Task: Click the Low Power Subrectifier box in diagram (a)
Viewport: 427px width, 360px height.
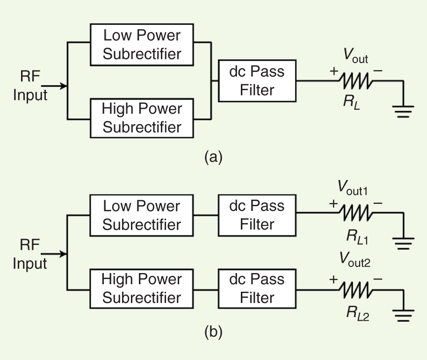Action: click(x=142, y=44)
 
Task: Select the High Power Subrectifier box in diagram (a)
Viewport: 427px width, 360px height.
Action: click(x=142, y=118)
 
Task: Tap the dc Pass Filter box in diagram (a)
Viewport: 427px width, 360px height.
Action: click(x=257, y=81)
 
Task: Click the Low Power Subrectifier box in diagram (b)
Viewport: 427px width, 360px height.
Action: click(x=142, y=215)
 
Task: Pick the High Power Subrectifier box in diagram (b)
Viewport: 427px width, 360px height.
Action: click(x=142, y=288)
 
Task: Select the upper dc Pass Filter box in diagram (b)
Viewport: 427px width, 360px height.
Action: click(x=257, y=215)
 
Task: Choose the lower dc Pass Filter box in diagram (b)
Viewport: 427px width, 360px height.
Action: click(x=257, y=288)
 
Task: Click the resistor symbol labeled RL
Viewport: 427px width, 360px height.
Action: click(x=356, y=81)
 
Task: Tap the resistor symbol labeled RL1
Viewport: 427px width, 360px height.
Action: click(x=356, y=214)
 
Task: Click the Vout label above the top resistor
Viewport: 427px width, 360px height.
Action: click(x=355, y=57)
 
